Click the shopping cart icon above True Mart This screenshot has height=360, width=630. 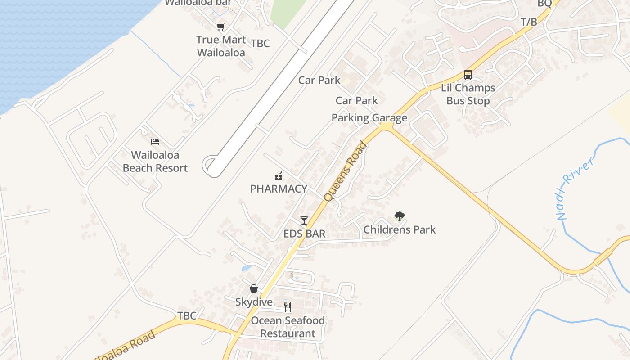pyautogui.click(x=220, y=27)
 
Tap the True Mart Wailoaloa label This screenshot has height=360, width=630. pyautogui.click(x=221, y=46)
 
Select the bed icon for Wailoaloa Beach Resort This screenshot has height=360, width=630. pyautogui.click(x=155, y=142)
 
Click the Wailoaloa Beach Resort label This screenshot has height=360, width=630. pyautogui.click(x=155, y=162)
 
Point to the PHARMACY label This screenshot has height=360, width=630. pyautogui.click(x=279, y=189)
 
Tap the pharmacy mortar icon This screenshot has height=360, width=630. pyautogui.click(x=279, y=175)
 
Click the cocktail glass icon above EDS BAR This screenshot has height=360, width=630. pyautogui.click(x=304, y=220)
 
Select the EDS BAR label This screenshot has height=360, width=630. pyautogui.click(x=304, y=234)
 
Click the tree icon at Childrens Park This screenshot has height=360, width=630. pyautogui.click(x=399, y=216)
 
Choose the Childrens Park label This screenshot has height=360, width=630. pyautogui.click(x=400, y=229)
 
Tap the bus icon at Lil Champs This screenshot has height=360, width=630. pyautogui.click(x=468, y=75)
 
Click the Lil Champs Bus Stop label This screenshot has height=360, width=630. pyautogui.click(x=468, y=94)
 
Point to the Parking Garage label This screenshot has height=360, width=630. pyautogui.click(x=369, y=118)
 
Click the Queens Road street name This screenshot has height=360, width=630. pyautogui.click(x=345, y=171)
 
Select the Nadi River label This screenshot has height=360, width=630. pyautogui.click(x=576, y=188)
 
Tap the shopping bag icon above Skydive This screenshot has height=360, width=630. pyautogui.click(x=254, y=288)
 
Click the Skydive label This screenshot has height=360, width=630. pyautogui.click(x=254, y=302)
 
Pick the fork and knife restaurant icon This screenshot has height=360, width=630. pyautogui.click(x=288, y=307)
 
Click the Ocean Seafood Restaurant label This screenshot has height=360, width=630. pyautogui.click(x=288, y=327)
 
